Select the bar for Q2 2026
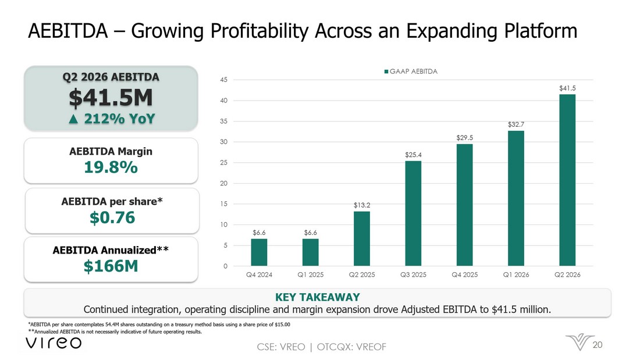567,180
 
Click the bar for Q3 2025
413,213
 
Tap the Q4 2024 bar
259,252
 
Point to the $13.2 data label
362,205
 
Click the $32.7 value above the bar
516,124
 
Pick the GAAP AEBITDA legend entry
411,72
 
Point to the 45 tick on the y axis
223,80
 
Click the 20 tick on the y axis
223,183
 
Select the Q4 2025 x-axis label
464,275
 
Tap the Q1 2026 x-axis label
516,275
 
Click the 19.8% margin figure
111,167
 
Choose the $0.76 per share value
112,218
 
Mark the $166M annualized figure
111,266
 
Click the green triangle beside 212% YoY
73,119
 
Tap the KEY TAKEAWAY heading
318,297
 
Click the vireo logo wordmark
54,343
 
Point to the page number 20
598,345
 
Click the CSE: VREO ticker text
281,347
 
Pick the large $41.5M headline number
111,98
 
